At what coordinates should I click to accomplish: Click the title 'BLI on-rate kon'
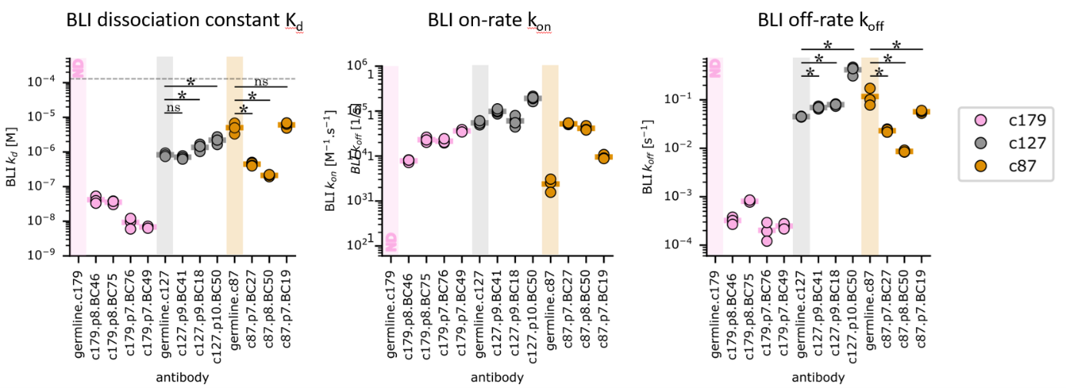tap(491, 21)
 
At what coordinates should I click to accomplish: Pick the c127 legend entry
tap(1007, 144)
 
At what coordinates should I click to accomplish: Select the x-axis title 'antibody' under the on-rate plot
tap(500, 377)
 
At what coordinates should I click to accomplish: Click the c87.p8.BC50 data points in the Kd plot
tap(269, 176)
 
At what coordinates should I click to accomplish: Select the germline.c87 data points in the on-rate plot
tap(550, 185)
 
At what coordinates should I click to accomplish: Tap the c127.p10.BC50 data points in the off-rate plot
tap(852, 70)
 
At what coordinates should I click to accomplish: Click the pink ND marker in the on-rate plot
tap(391, 241)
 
